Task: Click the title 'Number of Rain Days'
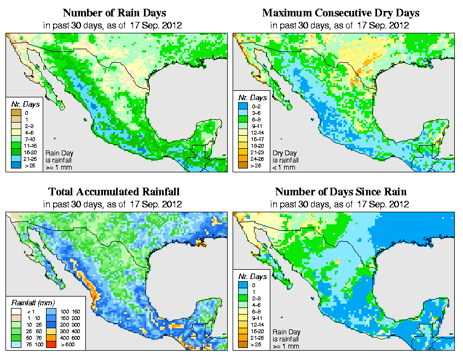coord(114,13)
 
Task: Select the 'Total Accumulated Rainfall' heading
coord(114,192)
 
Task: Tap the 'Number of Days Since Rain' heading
coord(340,192)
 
